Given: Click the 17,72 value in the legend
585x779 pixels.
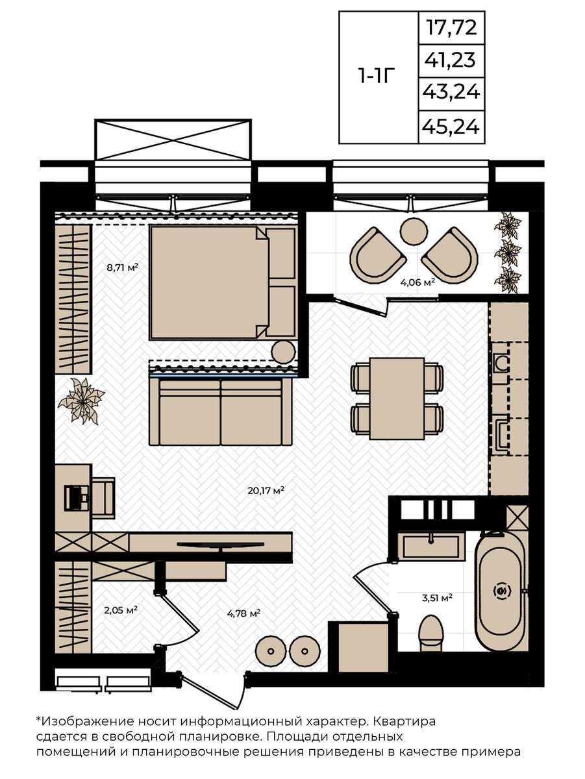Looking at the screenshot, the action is [x=451, y=27].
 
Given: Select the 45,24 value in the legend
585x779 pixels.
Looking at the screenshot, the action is [x=451, y=127].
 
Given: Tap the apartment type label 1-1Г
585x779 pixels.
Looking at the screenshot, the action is [x=377, y=76].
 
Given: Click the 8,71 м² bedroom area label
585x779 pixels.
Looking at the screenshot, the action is [x=122, y=267].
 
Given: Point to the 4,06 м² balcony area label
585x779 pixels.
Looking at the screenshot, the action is [x=417, y=282].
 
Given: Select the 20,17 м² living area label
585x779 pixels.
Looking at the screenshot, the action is [x=266, y=491].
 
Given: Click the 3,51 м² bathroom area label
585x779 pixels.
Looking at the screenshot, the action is [x=437, y=598].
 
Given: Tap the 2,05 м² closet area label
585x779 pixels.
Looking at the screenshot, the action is [x=121, y=610].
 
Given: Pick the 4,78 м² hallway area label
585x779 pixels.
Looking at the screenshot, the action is [x=244, y=613].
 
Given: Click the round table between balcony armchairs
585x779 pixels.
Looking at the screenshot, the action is [x=414, y=231].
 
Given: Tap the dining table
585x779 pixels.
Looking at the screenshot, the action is [x=397, y=398].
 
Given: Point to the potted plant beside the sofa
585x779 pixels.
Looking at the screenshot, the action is [x=82, y=401].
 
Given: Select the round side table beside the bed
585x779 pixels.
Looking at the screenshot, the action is [x=283, y=351].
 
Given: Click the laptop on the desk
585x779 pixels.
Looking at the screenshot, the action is [x=76, y=497].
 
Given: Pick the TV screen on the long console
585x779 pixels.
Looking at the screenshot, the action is [x=221, y=543].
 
